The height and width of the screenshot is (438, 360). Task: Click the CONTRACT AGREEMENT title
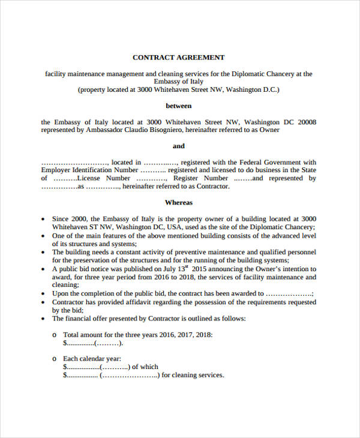[178, 58]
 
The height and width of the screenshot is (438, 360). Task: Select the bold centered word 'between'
[179, 106]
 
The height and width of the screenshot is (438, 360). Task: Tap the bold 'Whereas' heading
[179, 203]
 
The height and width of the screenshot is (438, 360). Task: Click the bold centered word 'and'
[179, 146]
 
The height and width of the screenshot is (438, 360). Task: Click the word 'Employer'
[57, 170]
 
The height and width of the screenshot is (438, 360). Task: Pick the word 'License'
[92, 178]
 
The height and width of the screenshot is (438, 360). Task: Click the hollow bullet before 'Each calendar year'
[54, 358]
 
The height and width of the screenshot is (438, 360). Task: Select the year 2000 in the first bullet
[79, 220]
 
